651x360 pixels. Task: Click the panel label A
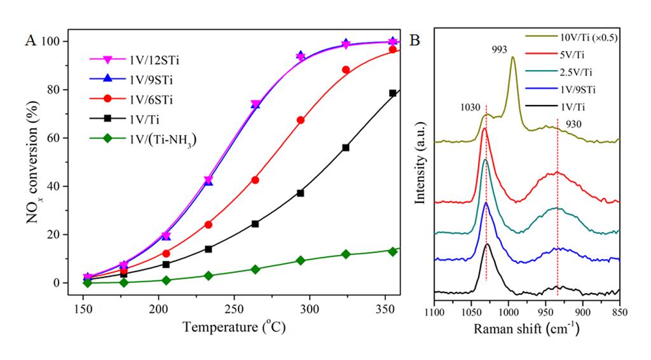coord(30,41)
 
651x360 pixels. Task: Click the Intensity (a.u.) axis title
coord(420,165)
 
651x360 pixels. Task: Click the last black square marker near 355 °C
coord(393,93)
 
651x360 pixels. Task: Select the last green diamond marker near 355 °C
coord(393,251)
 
